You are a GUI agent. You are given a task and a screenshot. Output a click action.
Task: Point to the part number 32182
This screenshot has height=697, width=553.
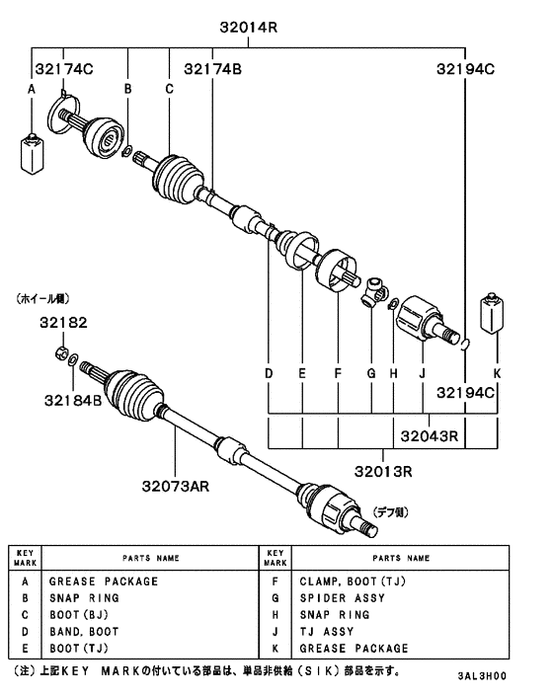64,323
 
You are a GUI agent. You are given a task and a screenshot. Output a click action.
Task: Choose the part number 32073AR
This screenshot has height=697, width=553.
175,486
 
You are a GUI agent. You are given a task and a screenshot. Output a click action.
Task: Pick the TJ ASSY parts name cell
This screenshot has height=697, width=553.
326,632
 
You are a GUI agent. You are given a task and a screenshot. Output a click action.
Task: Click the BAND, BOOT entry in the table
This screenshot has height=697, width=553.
84,632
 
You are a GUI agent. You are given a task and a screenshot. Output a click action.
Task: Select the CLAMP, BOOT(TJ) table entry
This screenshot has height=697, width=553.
350,581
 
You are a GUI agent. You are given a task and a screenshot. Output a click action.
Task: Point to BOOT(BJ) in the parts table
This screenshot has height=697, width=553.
77,615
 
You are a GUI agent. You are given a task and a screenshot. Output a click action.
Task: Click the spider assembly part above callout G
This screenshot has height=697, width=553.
372,290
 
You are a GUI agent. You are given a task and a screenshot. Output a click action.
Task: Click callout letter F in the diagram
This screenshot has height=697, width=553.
337,374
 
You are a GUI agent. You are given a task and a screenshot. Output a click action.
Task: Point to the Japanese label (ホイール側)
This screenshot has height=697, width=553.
42,297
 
